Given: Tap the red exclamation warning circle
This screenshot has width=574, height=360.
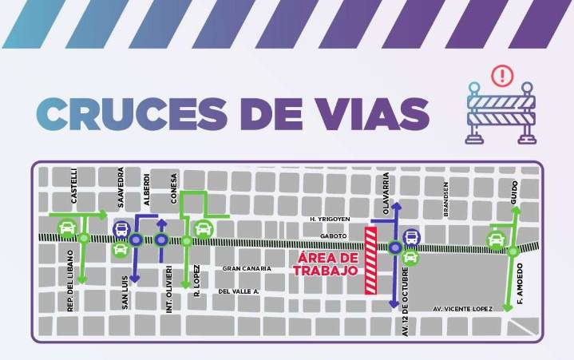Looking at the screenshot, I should tap(502, 76).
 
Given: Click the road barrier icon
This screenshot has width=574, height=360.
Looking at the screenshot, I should tap(502, 112).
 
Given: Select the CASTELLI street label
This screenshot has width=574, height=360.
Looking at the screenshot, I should tap(74, 186).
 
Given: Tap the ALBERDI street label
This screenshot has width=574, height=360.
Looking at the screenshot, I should tap(147, 188).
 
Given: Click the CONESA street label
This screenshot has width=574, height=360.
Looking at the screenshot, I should tap(173, 188).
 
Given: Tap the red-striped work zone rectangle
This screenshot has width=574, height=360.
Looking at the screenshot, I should tap(371, 260).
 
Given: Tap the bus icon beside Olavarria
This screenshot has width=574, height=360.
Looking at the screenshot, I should tap(411, 236).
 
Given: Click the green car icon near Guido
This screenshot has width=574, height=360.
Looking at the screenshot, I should tap(497, 239).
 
